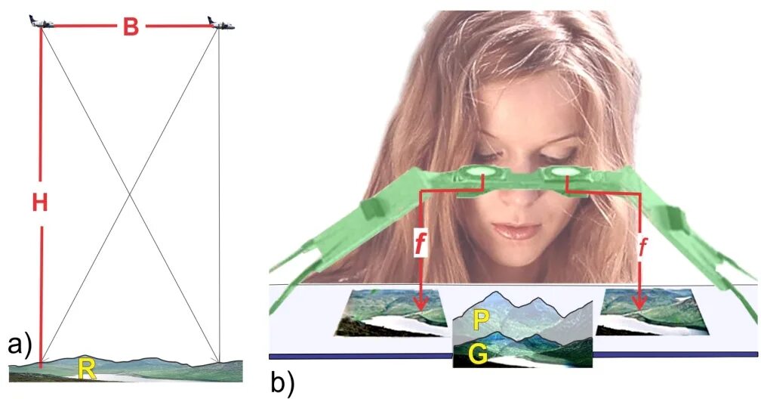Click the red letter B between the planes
[x=131, y=26]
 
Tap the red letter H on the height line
[x=40, y=203]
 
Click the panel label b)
[x=283, y=383]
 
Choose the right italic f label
[x=642, y=247]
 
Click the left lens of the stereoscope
[x=475, y=172]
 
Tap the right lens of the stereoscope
[x=561, y=172]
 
